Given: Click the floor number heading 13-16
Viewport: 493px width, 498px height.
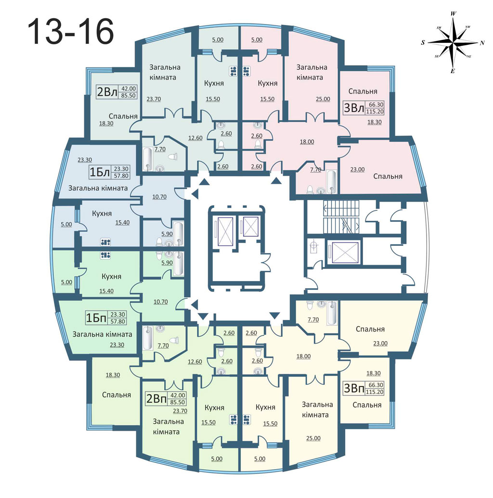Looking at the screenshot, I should coord(70,31).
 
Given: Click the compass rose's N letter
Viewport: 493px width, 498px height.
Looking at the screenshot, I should coord(482,43).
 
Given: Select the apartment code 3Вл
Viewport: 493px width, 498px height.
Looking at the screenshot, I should coord(354,107).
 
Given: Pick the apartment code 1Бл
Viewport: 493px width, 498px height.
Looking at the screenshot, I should coord(100,172).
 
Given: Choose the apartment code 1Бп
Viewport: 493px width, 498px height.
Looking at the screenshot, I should coord(96,318).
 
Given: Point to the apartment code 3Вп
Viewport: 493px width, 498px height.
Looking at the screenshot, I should coord(354,388).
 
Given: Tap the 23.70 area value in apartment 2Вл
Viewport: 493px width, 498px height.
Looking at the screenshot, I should coord(154,99).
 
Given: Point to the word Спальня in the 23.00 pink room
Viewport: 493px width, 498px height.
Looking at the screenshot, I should coord(388,177).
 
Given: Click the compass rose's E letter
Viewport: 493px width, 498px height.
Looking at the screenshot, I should coord(453,71).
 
